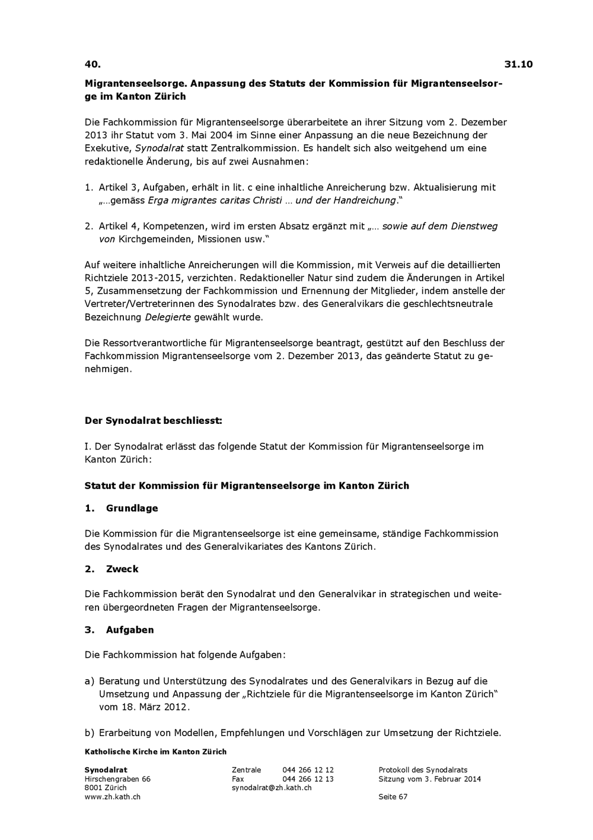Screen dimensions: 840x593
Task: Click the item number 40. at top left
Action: pos(93,64)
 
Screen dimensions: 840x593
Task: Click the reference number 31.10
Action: pos(518,64)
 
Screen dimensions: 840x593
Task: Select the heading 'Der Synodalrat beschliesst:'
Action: pos(153,421)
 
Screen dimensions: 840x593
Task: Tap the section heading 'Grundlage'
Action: pos(132,508)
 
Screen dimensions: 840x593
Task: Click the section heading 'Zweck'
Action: pos(122,569)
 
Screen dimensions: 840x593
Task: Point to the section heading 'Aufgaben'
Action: pos(130,630)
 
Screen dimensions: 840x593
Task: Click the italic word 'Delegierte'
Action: pos(168,317)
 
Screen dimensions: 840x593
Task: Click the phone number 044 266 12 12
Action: pos(308,770)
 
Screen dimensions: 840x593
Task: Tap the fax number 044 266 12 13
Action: pos(308,779)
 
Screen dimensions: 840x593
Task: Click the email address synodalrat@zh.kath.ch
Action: pos(271,788)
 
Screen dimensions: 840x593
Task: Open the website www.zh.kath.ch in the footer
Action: pos(112,797)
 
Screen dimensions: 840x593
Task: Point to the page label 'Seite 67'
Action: pos(393,797)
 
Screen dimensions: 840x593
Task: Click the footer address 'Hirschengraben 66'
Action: pos(117,779)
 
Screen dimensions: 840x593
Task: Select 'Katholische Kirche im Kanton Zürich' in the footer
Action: pos(155,752)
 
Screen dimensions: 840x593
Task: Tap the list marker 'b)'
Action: pos(90,733)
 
